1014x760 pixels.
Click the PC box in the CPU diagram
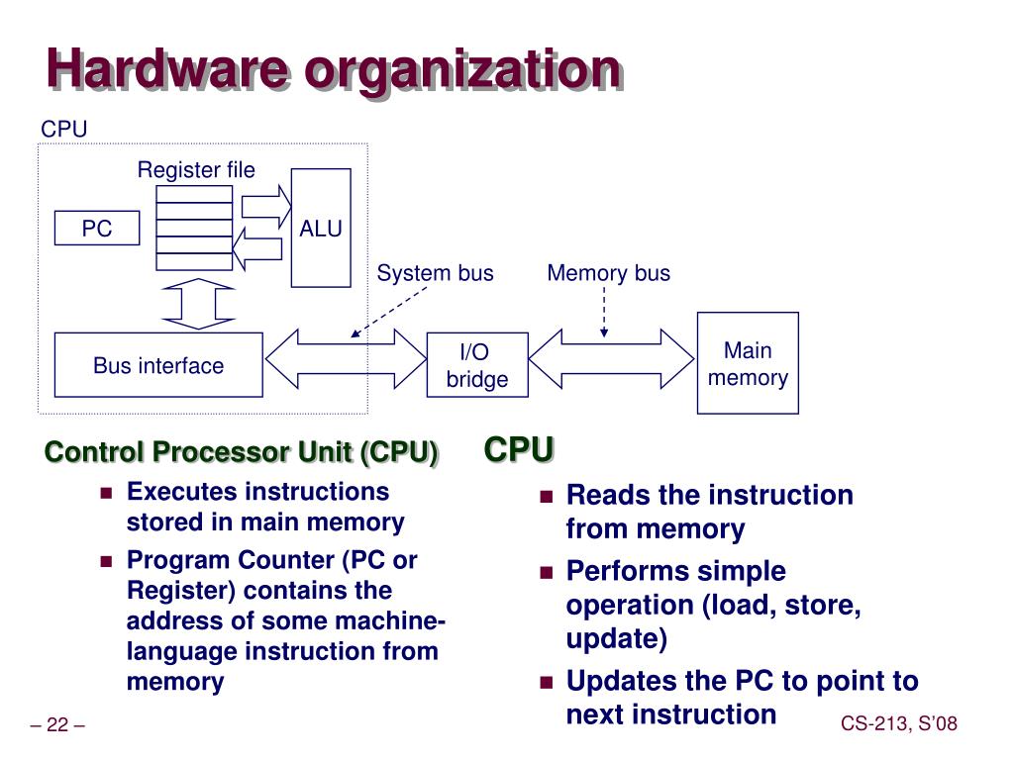click(x=97, y=229)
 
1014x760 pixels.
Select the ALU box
click(x=321, y=229)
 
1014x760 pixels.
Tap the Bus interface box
click(x=158, y=365)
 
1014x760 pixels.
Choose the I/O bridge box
click(x=476, y=365)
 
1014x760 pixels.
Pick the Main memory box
click(x=748, y=363)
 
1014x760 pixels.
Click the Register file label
click(x=196, y=170)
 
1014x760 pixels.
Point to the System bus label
click(x=435, y=273)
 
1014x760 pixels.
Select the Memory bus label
click(x=608, y=273)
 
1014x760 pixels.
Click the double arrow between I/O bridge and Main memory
click(x=612, y=358)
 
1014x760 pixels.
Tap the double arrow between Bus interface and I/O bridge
click(x=345, y=358)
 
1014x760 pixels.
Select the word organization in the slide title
click(x=462, y=71)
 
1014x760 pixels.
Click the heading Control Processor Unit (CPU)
click(x=242, y=452)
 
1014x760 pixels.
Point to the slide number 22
click(x=57, y=725)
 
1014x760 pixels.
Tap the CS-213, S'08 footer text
click(x=899, y=725)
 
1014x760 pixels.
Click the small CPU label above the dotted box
click(x=64, y=130)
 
